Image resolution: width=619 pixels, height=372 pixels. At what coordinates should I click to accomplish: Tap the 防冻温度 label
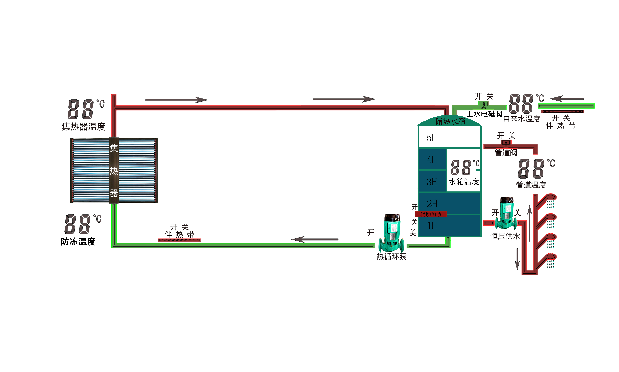point(78,242)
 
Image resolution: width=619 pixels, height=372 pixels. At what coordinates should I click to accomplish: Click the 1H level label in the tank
point(432,225)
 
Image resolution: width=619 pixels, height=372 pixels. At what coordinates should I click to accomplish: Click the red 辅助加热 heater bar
point(431,214)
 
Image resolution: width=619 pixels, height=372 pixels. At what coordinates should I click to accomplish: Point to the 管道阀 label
point(506,152)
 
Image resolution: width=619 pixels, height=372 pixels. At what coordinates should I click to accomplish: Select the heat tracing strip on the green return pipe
point(179,240)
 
